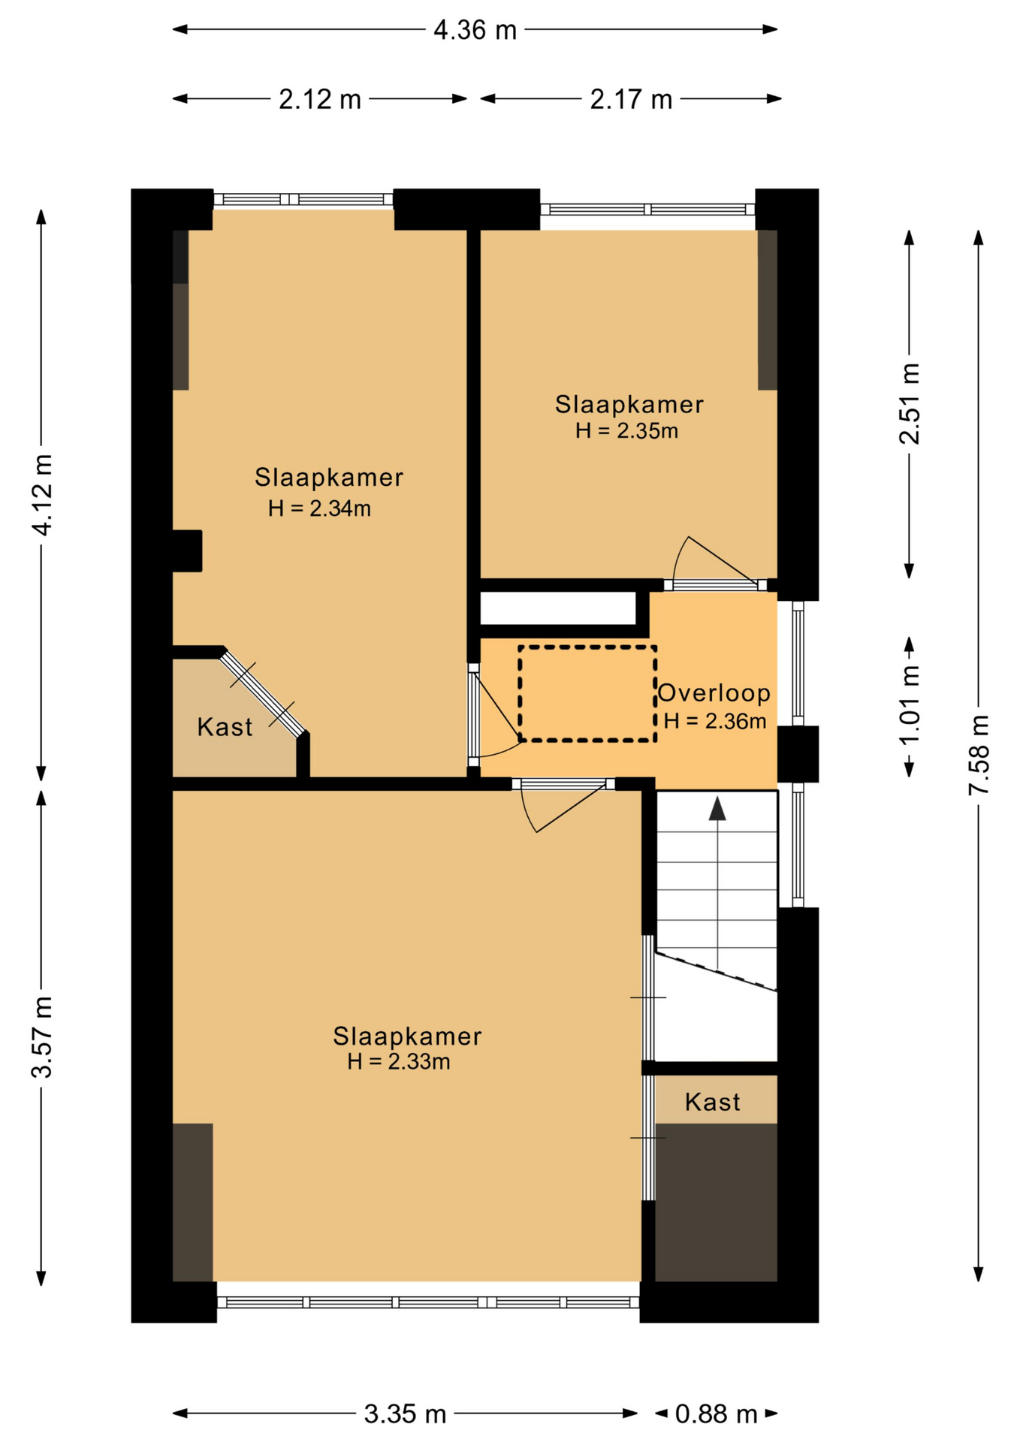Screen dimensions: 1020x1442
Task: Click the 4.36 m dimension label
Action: (475, 30)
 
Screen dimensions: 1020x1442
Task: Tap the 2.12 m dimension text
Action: (320, 99)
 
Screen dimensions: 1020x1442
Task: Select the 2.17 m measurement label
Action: (631, 99)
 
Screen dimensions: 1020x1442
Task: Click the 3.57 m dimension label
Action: (42, 1037)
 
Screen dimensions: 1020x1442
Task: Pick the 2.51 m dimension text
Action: (910, 404)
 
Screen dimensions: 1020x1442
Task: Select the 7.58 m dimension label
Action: (979, 755)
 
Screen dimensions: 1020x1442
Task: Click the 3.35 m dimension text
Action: (406, 1414)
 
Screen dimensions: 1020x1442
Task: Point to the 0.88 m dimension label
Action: (716, 1414)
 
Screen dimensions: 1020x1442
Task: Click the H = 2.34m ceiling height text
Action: (319, 508)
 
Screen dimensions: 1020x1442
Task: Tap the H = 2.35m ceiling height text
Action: (627, 430)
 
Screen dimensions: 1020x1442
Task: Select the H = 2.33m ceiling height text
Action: (399, 1061)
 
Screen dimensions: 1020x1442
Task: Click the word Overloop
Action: (714, 692)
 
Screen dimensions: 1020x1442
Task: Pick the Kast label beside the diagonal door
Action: (225, 727)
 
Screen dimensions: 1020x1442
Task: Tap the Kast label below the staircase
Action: (713, 1102)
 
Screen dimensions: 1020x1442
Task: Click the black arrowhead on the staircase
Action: (718, 809)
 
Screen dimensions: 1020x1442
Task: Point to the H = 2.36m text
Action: (715, 721)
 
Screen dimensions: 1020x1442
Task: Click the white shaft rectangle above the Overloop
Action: (558, 608)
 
